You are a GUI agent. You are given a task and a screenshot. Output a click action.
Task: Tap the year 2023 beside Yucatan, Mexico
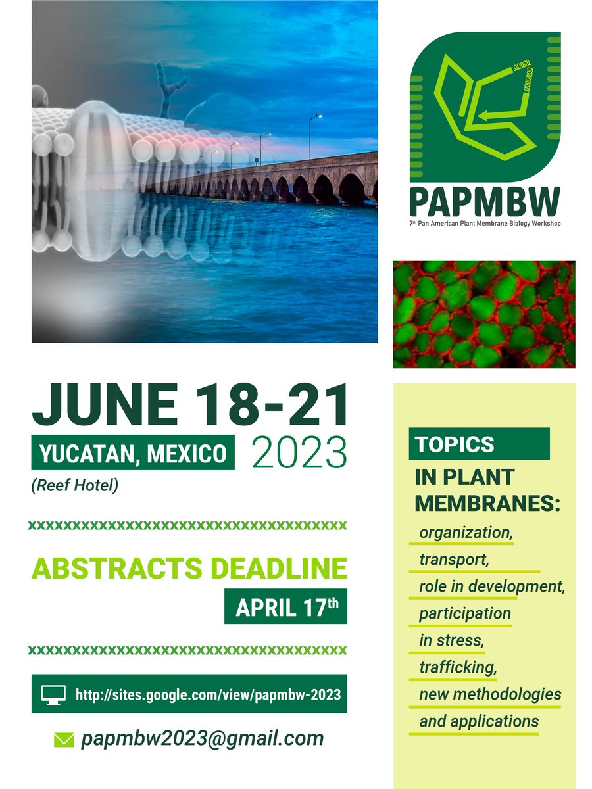coord(299,452)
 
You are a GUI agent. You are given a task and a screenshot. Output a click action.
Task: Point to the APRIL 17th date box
coord(285,606)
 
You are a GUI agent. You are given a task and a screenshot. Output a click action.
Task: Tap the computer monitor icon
coord(52,694)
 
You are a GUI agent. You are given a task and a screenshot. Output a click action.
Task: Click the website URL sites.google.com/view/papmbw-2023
coord(208,694)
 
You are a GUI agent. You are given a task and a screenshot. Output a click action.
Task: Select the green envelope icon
coord(64,740)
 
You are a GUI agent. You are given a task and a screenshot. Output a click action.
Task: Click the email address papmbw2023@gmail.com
coord(202,738)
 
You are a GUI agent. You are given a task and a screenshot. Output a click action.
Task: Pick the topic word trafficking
coord(457,667)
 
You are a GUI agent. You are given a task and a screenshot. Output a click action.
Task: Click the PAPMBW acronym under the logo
coord(485,201)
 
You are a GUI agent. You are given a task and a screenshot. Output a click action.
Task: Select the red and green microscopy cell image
coord(483,314)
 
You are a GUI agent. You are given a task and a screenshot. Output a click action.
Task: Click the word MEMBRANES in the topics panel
coord(487,504)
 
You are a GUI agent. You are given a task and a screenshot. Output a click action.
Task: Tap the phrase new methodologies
coord(490,694)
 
